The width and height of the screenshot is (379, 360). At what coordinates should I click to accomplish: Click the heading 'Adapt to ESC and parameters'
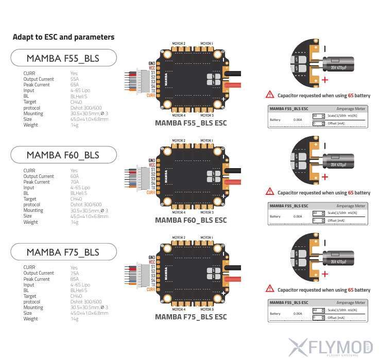coord(63,37)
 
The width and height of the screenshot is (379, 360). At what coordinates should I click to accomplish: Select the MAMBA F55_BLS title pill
coord(63,58)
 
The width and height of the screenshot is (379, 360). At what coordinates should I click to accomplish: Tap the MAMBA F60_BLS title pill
coord(63,155)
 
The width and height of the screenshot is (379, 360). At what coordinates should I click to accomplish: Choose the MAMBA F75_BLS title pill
coord(63,252)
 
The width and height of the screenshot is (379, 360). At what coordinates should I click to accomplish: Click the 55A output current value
coord(75,79)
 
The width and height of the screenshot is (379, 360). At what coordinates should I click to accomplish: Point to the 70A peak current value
coord(75,182)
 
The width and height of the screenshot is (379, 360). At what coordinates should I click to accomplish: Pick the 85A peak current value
coord(75,279)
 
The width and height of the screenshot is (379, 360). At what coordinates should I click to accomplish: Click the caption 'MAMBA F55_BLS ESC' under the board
coord(191,123)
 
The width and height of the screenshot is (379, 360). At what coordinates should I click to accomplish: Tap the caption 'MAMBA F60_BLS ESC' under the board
coord(191,220)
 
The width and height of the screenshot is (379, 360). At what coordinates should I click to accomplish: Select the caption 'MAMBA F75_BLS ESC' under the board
coord(191,317)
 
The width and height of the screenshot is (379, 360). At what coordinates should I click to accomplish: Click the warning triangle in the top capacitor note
coord(270,95)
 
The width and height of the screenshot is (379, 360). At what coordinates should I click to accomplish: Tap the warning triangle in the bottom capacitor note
coord(270,289)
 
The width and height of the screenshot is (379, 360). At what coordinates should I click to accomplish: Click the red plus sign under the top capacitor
coord(325,80)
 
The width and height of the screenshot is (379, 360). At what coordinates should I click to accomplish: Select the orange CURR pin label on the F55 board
coord(150,95)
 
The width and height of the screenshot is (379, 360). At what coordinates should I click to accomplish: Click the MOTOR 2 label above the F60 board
coord(179,140)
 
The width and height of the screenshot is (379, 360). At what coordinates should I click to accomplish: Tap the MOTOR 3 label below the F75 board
coord(206,309)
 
